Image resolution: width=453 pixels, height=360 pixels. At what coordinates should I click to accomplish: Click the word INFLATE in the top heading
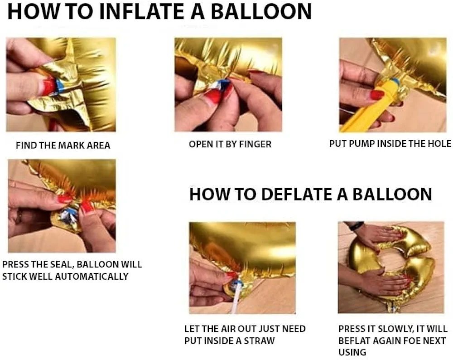(143, 12)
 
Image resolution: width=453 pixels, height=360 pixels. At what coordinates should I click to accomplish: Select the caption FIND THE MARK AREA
(63, 145)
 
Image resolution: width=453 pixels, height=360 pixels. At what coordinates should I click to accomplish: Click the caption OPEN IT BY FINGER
(230, 144)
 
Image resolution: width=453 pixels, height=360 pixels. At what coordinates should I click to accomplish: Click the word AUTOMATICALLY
(92, 276)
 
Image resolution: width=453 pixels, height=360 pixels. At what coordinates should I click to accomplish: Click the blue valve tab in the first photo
(60, 86)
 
